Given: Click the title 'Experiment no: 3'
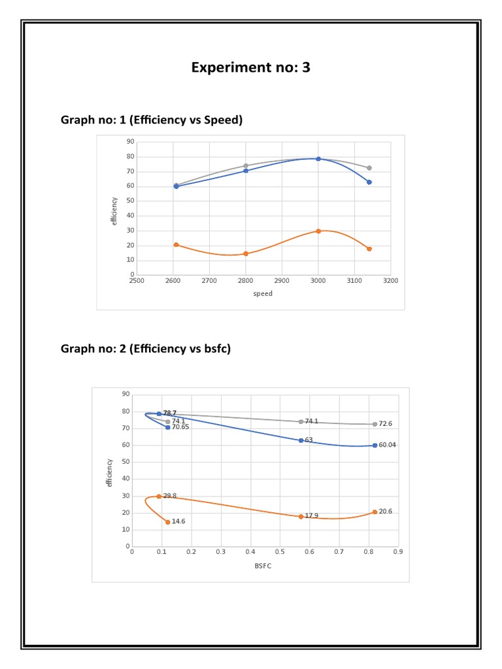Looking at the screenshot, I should coord(250,68).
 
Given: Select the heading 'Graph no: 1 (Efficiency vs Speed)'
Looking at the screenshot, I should coord(151,120).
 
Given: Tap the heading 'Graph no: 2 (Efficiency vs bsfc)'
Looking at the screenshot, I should coord(146,348).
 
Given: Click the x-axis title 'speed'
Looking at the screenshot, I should coord(263,294).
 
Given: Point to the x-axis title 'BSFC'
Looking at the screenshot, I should coord(263,566).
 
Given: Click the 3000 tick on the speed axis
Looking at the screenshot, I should coord(318,281).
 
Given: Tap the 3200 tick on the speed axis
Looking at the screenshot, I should coord(391,281).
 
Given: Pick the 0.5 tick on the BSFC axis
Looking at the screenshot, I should coord(280,552).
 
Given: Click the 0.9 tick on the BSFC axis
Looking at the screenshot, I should coord(397,552).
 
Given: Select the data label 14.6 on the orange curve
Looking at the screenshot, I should coord(179,522).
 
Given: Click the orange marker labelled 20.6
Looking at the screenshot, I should coord(375,512).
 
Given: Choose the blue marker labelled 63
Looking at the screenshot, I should coord(301,440).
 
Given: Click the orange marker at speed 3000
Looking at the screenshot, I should coord(318,231).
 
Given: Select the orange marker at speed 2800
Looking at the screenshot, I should coord(246,253).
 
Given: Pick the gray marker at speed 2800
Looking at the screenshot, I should coord(246,165).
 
